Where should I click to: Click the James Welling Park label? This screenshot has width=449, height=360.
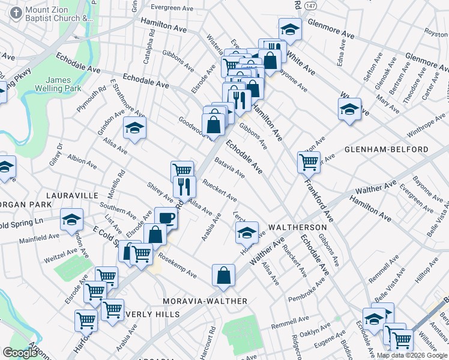click(64, 84)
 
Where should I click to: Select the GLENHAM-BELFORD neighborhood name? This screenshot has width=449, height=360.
click(394, 149)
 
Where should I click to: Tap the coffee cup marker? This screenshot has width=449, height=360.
click(166, 217)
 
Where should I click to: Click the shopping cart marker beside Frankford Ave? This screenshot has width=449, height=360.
click(309, 161)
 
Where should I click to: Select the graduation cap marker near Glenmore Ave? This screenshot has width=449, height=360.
click(290, 28)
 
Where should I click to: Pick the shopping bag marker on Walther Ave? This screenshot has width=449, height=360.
click(223, 275)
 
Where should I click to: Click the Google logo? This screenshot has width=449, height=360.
click(20, 353)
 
